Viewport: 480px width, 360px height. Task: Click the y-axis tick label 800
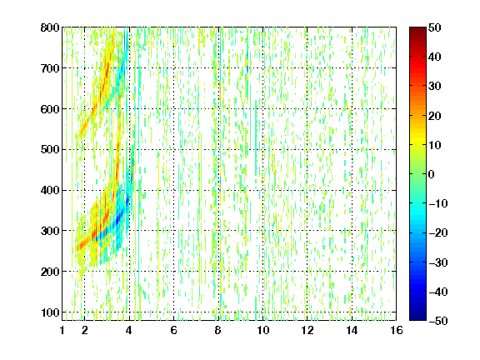point(50,27)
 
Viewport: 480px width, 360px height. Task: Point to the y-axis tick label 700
point(50,68)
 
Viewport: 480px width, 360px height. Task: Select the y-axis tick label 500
point(50,150)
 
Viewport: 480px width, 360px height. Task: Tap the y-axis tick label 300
point(50,231)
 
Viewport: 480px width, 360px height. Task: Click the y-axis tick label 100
point(50,312)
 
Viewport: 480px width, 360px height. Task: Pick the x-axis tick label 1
point(62,330)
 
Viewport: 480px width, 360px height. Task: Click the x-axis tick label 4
point(129,330)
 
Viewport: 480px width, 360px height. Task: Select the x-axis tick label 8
point(218,330)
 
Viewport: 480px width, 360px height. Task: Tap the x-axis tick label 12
point(307,330)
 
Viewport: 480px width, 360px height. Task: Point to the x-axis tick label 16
point(397,330)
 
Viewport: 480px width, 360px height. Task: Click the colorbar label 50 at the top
point(434,27)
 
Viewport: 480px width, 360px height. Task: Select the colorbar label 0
point(432,174)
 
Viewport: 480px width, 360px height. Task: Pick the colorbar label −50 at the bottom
point(438,321)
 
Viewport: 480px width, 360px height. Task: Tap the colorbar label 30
point(434,87)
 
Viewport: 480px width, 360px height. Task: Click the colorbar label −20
point(438,232)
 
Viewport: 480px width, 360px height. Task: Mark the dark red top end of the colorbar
point(417,28)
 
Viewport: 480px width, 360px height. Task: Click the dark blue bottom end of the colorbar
point(417,319)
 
